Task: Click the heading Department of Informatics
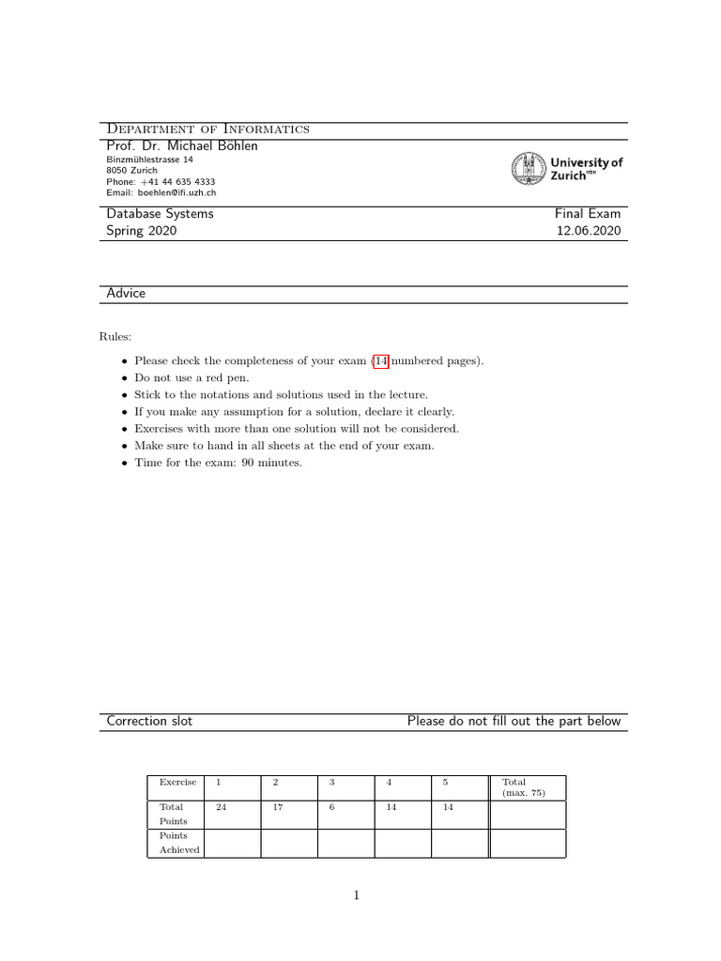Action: click(208, 129)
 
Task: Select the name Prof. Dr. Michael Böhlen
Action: click(182, 145)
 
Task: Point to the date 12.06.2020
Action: click(588, 231)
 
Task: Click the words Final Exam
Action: click(588, 214)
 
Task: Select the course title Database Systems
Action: click(160, 214)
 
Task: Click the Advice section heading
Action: click(126, 294)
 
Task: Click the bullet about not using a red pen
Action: click(188, 378)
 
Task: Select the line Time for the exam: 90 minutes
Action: click(218, 463)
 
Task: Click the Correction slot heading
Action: click(150, 721)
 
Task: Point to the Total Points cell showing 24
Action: click(222, 807)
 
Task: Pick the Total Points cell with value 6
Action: click(331, 807)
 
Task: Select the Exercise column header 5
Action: click(446, 782)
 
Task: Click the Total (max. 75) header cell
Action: click(523, 787)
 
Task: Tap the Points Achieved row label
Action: click(178, 843)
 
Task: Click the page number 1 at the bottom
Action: click(356, 895)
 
